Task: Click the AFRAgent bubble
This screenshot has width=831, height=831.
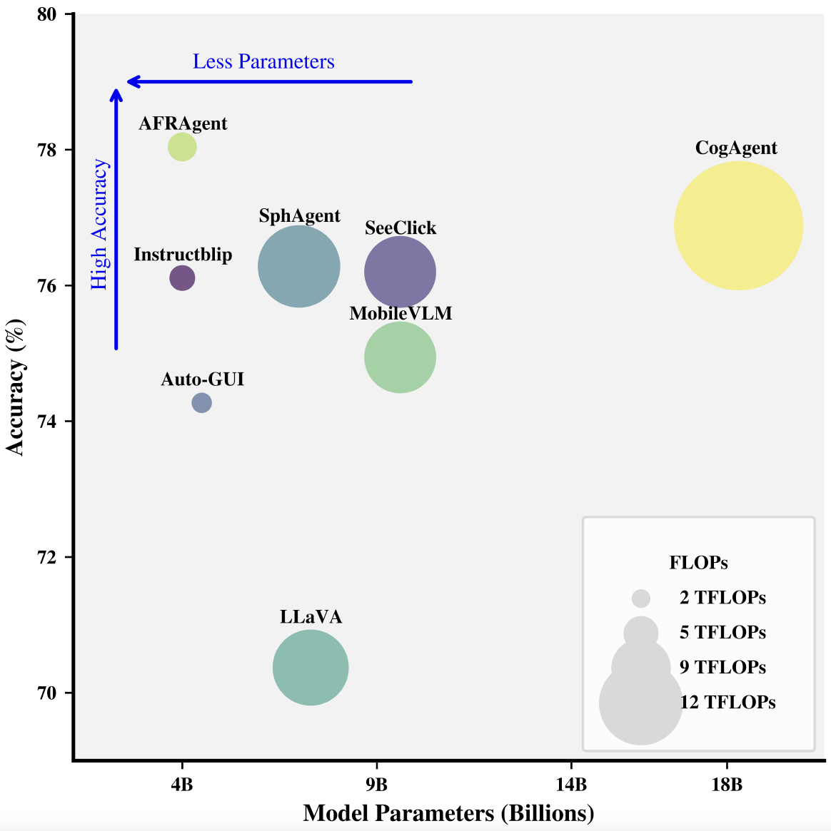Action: [182, 148]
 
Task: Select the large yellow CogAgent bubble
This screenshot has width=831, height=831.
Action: [738, 225]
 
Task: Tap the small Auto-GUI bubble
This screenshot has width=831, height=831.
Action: [202, 403]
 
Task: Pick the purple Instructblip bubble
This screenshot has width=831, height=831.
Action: [182, 278]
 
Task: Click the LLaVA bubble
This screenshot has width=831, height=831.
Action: [311, 668]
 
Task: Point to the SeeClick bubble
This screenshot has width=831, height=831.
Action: [400, 272]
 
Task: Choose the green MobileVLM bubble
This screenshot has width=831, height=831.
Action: [400, 357]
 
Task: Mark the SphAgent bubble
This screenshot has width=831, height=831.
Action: [298, 266]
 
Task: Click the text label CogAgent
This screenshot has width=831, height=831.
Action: [736, 148]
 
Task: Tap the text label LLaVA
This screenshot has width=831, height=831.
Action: [311, 617]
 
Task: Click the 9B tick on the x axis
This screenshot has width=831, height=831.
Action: [376, 785]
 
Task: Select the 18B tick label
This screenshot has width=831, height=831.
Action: [727, 785]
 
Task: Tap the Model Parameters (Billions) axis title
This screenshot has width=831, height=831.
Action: [448, 813]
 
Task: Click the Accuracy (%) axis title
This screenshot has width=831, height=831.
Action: [16, 387]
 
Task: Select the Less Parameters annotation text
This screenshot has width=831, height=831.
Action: [263, 62]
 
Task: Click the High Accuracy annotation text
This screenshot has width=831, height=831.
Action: [99, 225]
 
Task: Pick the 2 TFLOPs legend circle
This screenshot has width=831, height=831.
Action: [641, 598]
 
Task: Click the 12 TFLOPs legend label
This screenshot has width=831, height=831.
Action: [727, 703]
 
